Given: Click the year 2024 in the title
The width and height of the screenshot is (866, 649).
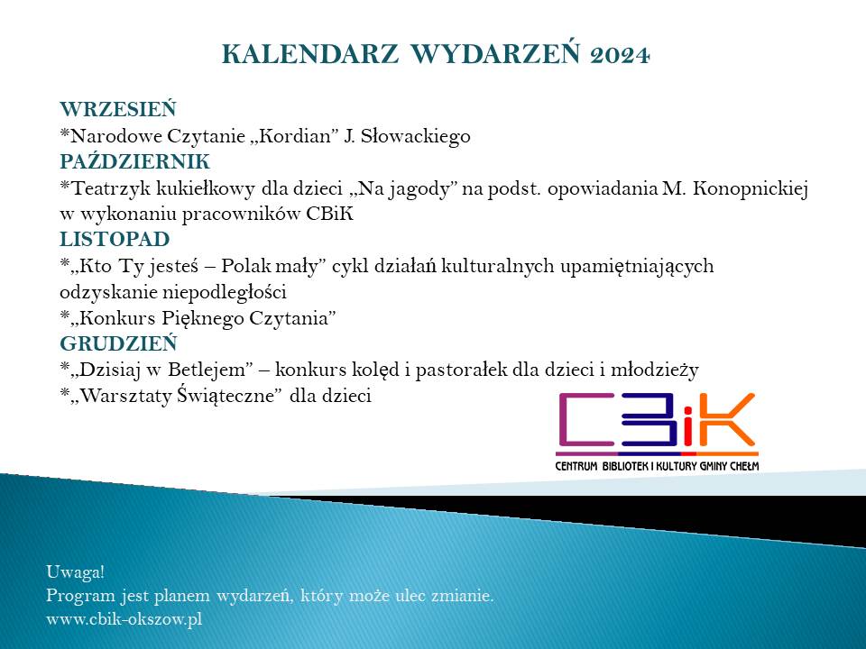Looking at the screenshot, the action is tap(620, 55).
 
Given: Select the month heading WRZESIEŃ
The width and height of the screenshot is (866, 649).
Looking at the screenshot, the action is tap(117, 108).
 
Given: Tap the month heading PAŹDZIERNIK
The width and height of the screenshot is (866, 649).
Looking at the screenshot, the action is tap(134, 161).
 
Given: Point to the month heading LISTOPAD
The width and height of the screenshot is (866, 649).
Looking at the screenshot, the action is tap(115, 240).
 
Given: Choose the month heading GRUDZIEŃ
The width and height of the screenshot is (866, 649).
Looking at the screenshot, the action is tap(118, 343).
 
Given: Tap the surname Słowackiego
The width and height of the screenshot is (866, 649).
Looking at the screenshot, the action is tap(415, 136).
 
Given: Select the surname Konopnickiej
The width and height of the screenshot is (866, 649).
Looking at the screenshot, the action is tap(750, 188).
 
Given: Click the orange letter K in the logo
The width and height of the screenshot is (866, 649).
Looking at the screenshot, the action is tap(725, 419).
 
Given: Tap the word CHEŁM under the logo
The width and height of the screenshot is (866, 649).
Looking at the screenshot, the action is tap(744, 466).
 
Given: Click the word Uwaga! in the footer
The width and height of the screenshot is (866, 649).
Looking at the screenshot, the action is tap(75, 572).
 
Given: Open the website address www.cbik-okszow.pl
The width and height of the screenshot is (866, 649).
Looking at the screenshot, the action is tap(124, 619).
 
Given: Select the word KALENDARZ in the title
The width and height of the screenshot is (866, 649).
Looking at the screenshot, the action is tap(309, 55).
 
